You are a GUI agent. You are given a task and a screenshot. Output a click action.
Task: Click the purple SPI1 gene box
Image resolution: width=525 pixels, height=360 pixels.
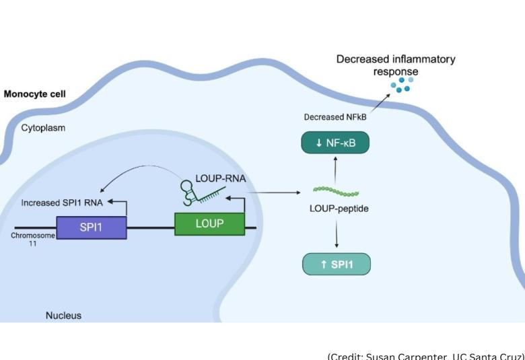92,228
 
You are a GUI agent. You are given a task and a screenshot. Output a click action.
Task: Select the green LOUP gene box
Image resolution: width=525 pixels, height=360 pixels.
209,223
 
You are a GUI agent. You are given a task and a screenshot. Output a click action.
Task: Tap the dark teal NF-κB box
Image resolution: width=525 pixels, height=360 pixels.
336,143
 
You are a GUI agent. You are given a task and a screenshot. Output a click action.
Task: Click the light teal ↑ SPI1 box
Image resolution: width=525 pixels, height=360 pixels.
337,264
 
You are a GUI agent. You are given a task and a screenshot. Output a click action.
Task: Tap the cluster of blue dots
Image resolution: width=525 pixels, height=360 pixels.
403,84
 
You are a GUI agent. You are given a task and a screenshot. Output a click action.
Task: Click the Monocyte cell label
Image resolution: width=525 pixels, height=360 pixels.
35,94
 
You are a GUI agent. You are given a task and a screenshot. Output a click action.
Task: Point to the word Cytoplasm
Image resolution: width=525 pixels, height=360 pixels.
43,127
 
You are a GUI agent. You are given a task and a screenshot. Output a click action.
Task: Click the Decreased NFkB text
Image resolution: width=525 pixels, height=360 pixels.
334,117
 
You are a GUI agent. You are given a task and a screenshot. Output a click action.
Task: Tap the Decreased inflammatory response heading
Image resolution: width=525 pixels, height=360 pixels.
396,65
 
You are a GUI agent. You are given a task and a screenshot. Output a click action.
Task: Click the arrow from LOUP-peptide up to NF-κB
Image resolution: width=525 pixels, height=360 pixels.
336,170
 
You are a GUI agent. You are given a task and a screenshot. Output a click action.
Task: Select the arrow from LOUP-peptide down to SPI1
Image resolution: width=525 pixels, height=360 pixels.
336,233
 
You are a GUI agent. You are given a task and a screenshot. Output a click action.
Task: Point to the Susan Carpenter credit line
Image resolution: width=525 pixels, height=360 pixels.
425,355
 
